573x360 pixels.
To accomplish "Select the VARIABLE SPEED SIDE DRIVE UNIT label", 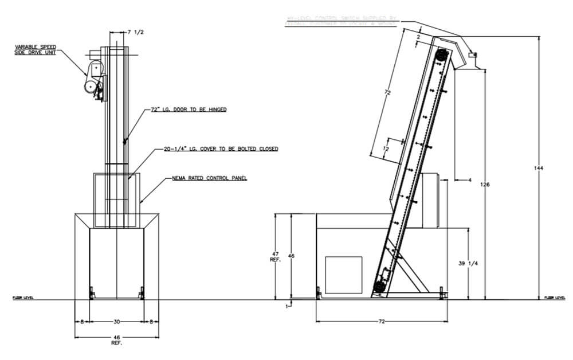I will click(36, 50).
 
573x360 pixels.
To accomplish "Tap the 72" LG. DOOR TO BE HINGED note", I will click(189, 109).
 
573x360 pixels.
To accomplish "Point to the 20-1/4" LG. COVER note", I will click(221, 149).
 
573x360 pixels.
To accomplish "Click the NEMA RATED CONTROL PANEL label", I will click(209, 179).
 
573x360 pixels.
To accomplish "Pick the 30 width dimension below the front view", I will click(116, 323).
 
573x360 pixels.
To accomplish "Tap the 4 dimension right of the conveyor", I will click(469, 179).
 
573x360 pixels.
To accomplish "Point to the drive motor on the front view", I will click(92, 86).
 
